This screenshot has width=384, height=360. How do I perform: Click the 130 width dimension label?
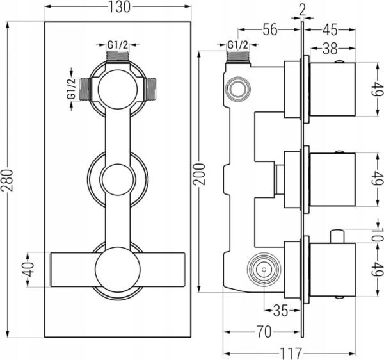point(118,6)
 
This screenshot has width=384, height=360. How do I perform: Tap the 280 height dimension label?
point(6,180)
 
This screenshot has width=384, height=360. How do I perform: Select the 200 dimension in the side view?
point(199,174)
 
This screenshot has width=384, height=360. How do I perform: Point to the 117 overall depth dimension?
point(291,354)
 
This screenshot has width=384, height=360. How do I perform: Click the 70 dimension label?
point(264,332)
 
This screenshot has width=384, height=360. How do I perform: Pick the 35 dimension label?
point(281,311)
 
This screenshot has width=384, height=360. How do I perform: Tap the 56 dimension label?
point(270,29)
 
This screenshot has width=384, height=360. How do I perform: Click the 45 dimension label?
point(330,29)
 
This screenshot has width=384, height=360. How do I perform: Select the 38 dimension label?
point(330,49)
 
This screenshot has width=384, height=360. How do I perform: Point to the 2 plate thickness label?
point(303,10)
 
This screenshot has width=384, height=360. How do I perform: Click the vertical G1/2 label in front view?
point(71,89)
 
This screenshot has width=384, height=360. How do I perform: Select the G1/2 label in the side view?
point(237,45)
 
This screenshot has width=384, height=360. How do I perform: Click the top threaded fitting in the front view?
point(118,56)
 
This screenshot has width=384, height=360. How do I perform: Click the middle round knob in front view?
point(118,179)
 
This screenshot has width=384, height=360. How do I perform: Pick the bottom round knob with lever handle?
point(118,270)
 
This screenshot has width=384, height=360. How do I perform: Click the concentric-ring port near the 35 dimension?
point(264,270)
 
